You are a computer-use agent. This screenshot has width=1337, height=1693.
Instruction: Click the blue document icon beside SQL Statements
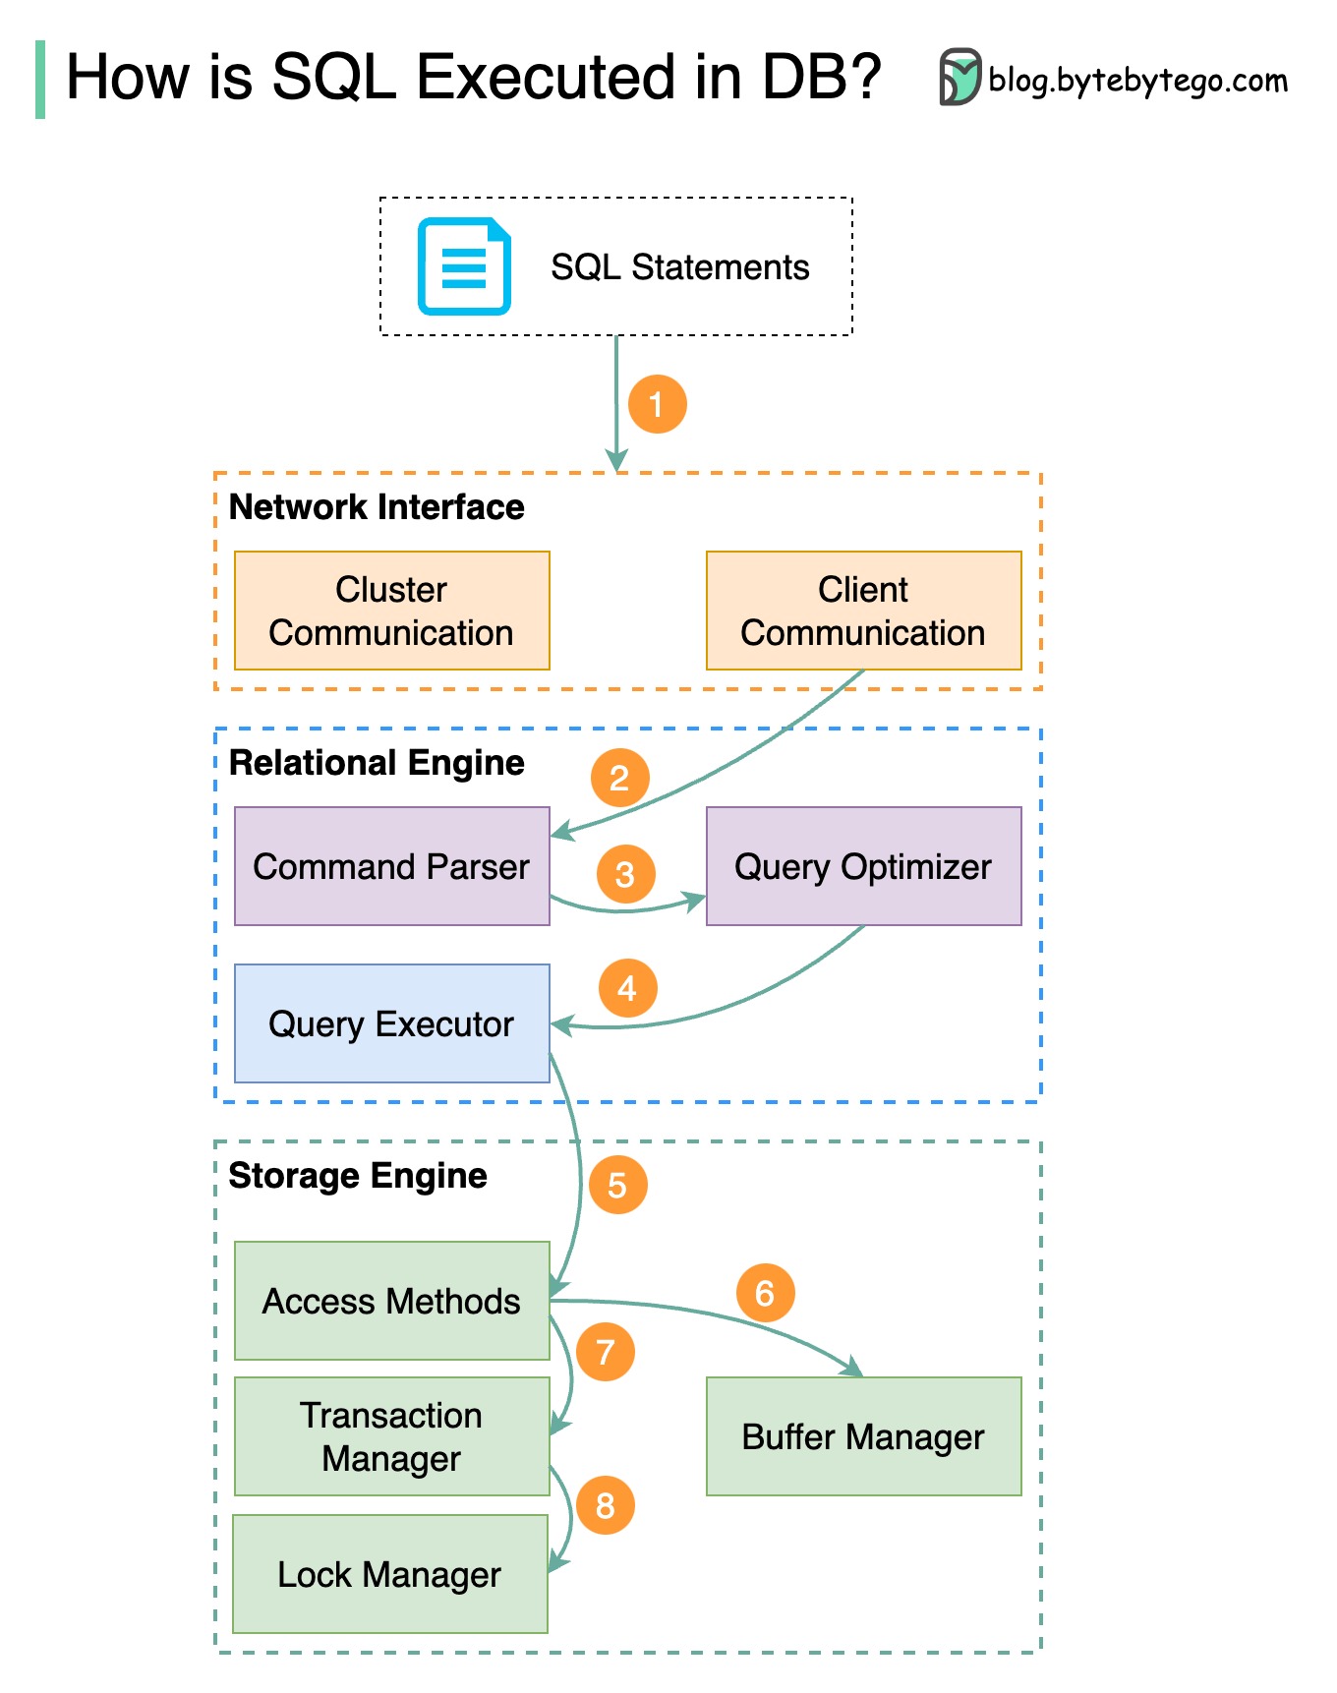(464, 266)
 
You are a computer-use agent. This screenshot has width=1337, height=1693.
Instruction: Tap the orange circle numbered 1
(657, 403)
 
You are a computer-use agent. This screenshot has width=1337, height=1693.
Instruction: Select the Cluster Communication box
(391, 611)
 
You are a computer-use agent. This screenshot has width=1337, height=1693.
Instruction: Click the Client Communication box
(863, 611)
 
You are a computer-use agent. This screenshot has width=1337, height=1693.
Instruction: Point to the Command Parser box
(391, 866)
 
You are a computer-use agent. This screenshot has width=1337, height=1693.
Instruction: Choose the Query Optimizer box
(863, 866)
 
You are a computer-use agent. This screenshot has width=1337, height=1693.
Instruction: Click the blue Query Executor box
(391, 1023)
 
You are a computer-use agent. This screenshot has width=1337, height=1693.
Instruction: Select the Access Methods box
(391, 1301)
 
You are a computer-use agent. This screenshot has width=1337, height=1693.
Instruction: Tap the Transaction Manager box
(391, 1436)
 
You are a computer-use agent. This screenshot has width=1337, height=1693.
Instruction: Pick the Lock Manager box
(389, 1574)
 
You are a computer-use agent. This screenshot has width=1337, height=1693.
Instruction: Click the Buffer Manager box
(863, 1436)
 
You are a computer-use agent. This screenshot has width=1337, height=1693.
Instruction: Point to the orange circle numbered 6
(765, 1293)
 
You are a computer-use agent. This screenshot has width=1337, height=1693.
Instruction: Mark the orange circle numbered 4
(627, 988)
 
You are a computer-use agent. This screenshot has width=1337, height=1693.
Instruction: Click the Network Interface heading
(377, 507)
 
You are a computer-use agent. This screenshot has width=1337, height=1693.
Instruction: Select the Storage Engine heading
(358, 1176)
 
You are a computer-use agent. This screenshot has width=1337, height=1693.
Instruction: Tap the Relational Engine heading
(377, 763)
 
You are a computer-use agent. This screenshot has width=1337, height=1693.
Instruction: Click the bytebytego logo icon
(959, 77)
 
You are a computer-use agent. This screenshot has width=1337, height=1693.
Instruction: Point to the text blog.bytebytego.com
(1137, 80)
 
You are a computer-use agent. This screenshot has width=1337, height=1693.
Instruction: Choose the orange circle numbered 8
(605, 1505)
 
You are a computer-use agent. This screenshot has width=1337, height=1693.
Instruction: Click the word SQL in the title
(334, 77)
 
